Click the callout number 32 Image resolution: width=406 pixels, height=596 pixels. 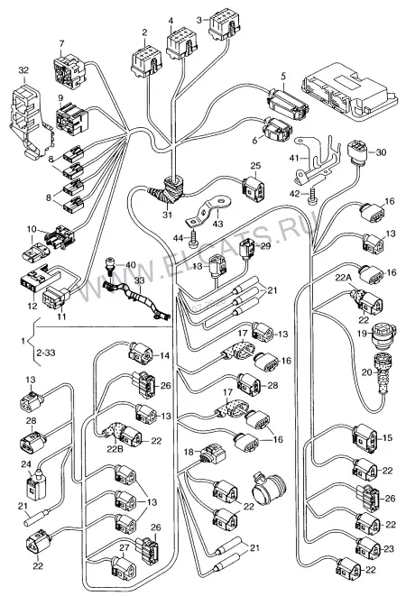(x=23, y=70)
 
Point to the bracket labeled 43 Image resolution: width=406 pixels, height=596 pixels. (x=208, y=213)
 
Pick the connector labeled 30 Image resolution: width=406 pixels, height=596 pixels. (x=357, y=152)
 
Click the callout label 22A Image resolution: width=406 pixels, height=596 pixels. (x=344, y=278)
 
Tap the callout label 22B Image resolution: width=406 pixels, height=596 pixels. (x=115, y=449)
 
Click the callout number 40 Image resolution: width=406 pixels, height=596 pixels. (x=130, y=265)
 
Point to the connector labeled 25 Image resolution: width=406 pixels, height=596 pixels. (x=254, y=188)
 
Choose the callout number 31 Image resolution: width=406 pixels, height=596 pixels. (x=168, y=215)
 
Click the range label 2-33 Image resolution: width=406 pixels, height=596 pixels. (x=46, y=353)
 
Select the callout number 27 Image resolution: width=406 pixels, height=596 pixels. (x=124, y=547)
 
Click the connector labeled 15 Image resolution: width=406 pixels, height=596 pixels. (x=364, y=439)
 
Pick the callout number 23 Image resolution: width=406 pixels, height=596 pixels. (x=389, y=549)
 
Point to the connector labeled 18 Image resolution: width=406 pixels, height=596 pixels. (x=211, y=453)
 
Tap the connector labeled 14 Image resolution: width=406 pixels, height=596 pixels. (x=141, y=352)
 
